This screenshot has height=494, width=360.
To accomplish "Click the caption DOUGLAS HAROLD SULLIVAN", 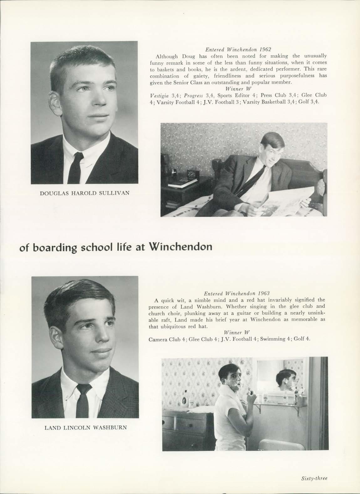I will pyautogui.click(x=85, y=193).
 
